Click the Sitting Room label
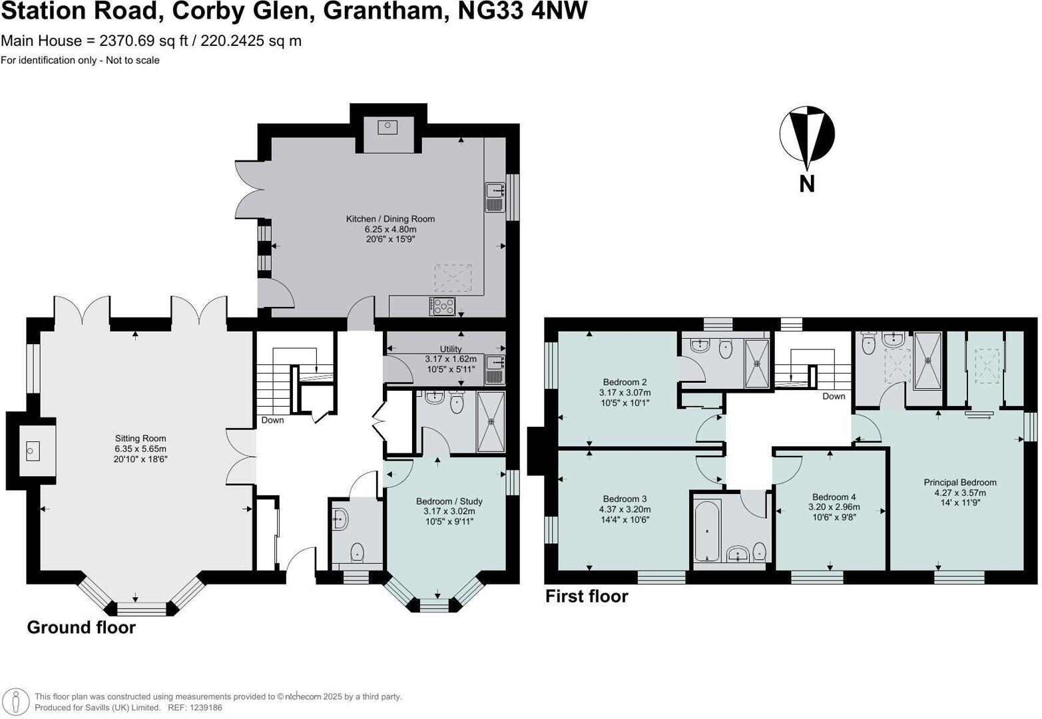(x=140, y=439)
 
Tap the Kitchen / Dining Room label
(x=390, y=219)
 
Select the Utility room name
(x=451, y=349)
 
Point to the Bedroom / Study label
(x=449, y=501)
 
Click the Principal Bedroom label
(x=959, y=483)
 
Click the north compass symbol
(x=807, y=136)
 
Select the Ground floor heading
(x=81, y=627)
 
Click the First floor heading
(x=587, y=596)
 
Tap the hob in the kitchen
(x=443, y=306)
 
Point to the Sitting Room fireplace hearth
(x=31, y=451)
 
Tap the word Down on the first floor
(x=833, y=396)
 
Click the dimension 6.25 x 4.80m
(x=390, y=229)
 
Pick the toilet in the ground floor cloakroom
(x=358, y=551)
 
